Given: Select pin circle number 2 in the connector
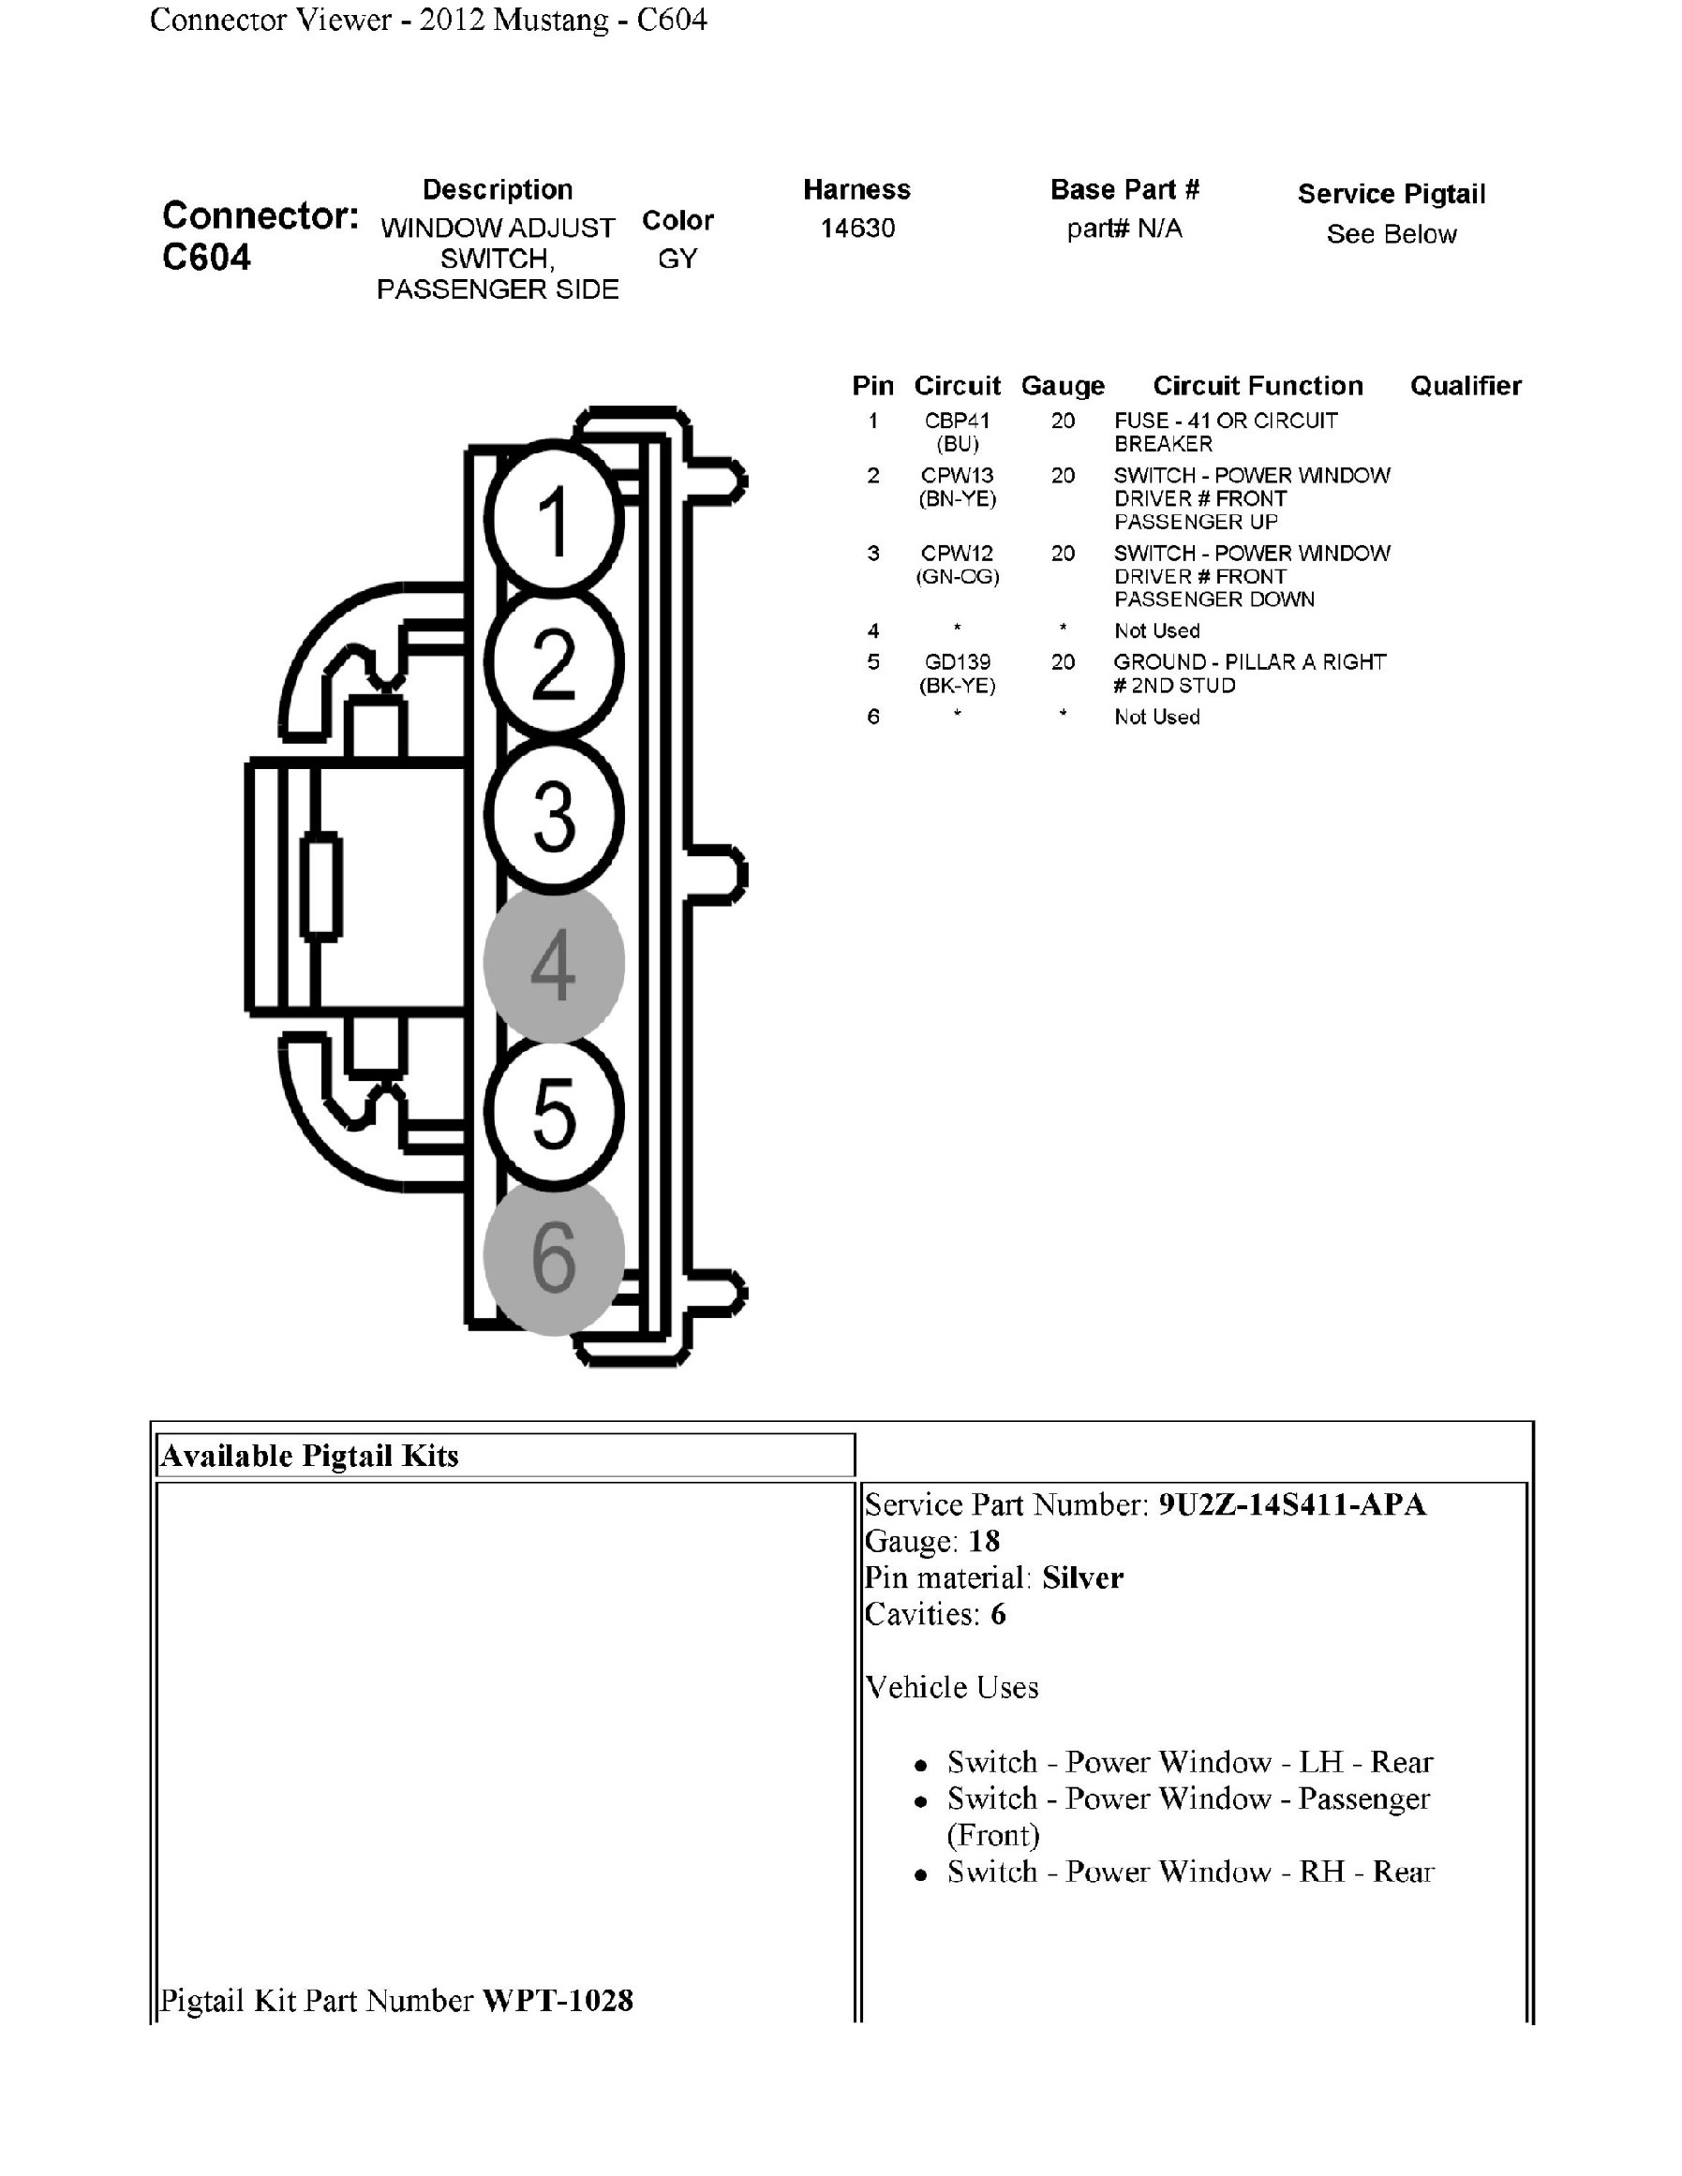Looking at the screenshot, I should [x=554, y=663].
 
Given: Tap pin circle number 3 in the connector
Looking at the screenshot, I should [x=554, y=815].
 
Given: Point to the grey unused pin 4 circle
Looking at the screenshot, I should [x=554, y=964].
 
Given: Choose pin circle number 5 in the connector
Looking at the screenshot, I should [x=554, y=1112].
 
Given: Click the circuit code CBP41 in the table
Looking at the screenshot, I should [x=957, y=421].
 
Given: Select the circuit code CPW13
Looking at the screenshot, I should [x=957, y=475].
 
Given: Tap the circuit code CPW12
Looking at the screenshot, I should [x=957, y=553].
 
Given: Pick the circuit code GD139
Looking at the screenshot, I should [x=957, y=661].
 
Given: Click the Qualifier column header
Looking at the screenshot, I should [x=1465, y=386].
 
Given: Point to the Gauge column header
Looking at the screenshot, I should [x=1063, y=386].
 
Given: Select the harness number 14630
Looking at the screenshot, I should [x=857, y=229].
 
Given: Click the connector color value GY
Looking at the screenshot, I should [x=677, y=259].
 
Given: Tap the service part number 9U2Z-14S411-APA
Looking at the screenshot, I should [x=1291, y=1504].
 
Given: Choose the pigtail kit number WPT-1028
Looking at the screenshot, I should [x=557, y=2001].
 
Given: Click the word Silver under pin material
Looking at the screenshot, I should [x=1082, y=1578].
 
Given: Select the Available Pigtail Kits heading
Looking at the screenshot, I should [x=310, y=1457].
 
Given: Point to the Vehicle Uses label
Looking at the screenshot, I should [x=952, y=1688].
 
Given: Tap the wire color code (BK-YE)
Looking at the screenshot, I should [x=957, y=686].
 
